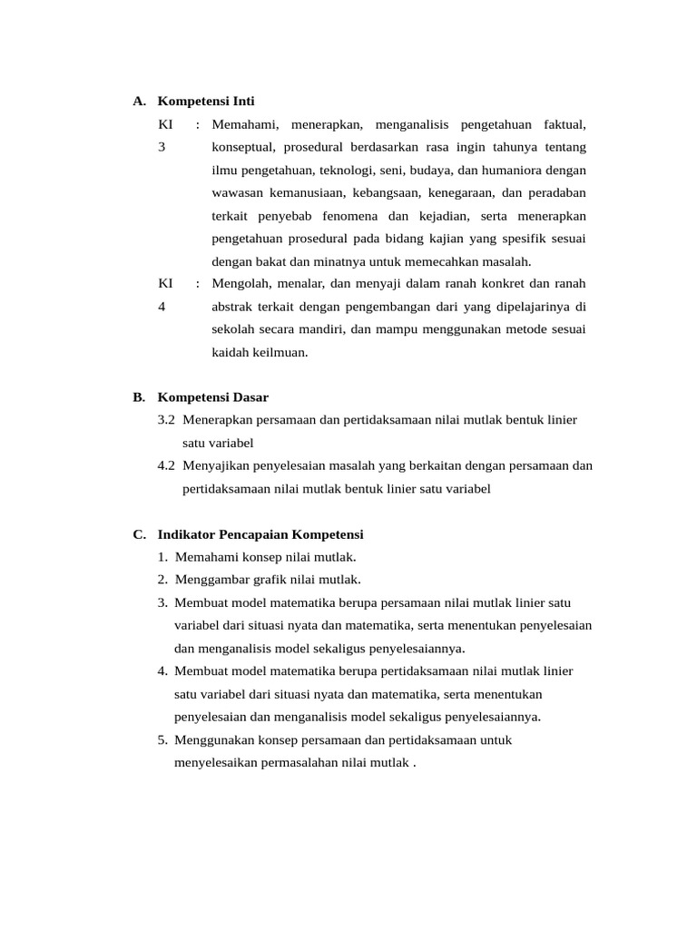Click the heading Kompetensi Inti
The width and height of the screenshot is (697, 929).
point(206,102)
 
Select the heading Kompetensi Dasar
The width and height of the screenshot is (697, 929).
point(213,397)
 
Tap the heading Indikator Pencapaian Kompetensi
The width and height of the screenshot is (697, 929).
point(260,534)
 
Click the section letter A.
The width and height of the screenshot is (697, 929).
point(138,102)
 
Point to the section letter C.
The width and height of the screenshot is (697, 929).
point(138,534)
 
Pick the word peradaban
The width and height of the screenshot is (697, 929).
point(556,192)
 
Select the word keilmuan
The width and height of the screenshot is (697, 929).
point(280,352)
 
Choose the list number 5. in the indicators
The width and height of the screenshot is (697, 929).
point(162,739)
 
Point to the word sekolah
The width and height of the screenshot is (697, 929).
point(233,329)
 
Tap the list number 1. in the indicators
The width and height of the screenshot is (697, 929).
point(162,557)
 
